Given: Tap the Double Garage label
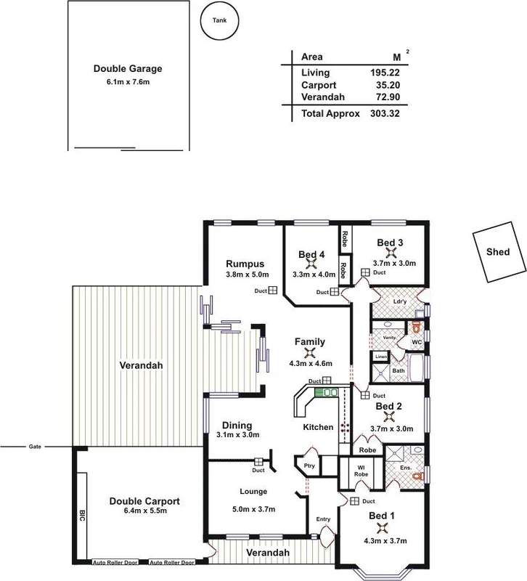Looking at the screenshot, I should pos(128,69).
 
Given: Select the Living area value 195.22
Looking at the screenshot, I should pos(385,73).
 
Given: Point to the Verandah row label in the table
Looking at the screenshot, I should pos(320,97).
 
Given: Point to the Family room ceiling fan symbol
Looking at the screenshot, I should pos(309,353).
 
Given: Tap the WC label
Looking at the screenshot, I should pos(417,341).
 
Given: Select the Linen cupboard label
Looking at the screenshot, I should pos(380,357).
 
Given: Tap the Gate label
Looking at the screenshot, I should pos(35,446).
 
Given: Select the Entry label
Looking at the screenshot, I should pos(323,519).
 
